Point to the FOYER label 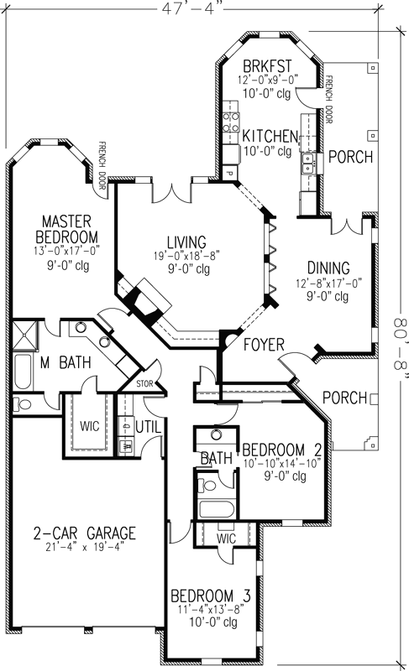(x=264, y=344)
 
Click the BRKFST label (x=266, y=66)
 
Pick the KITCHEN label (x=269, y=136)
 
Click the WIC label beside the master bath (x=92, y=425)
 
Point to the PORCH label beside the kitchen (x=345, y=156)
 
